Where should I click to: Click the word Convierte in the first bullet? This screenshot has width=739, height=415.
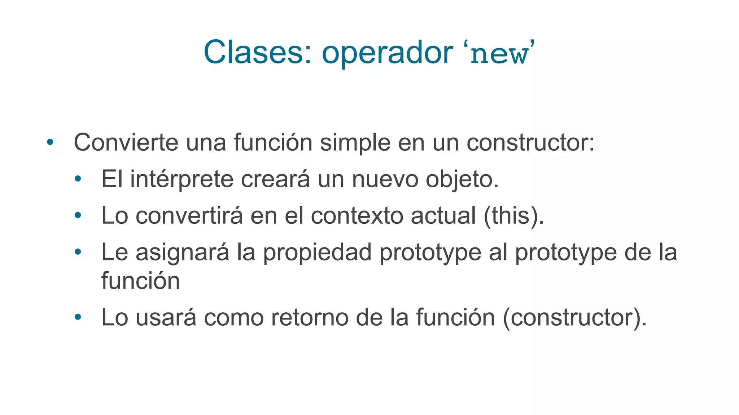[x=126, y=142]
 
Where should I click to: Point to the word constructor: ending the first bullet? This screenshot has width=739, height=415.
[x=530, y=143]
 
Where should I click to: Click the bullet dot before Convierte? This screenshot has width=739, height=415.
[x=50, y=142]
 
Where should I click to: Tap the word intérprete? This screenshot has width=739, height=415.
[x=182, y=179]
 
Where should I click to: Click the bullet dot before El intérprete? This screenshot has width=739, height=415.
[x=78, y=179]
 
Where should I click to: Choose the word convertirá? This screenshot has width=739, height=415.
[x=189, y=215]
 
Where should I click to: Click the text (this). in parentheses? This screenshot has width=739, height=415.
[x=513, y=216]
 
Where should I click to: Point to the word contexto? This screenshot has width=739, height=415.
[x=357, y=216]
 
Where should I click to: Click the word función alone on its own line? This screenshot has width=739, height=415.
[x=140, y=281]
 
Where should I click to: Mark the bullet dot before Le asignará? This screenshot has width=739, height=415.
[x=78, y=252]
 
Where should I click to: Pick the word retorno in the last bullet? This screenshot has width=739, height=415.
[x=309, y=318]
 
